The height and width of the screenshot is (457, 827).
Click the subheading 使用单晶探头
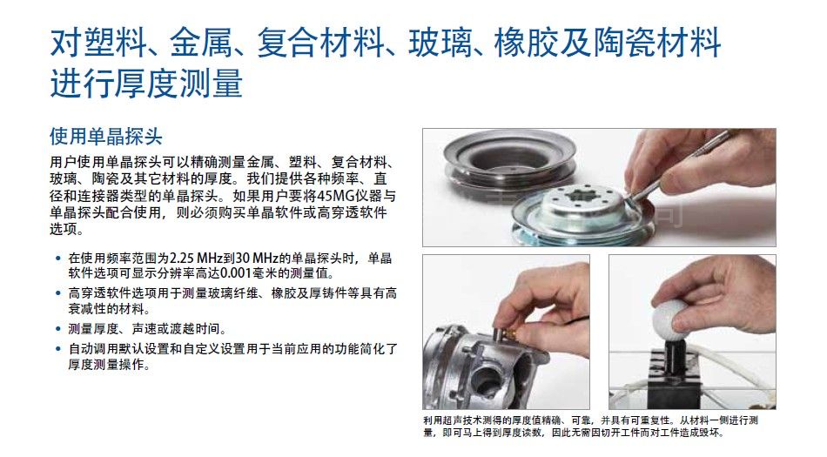pyautogui.click(x=106, y=137)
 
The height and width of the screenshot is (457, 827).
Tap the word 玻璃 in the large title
pyautogui.click(x=440, y=43)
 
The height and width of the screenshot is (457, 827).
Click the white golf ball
pyautogui.click(x=671, y=318)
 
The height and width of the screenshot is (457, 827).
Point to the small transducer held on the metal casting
pyautogui.click(x=505, y=334)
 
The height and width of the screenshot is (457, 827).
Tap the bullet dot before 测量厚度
pyautogui.click(x=58, y=329)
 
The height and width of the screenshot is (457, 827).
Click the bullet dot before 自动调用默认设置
pyautogui.click(x=58, y=349)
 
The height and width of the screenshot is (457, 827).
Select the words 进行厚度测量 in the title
pyautogui.click(x=146, y=84)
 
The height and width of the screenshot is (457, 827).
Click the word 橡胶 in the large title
pyautogui.click(x=527, y=43)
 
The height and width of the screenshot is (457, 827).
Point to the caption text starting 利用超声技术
pyautogui.click(x=591, y=427)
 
